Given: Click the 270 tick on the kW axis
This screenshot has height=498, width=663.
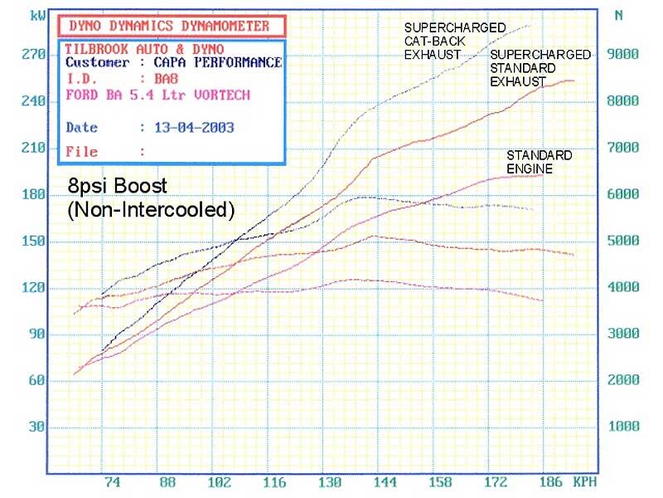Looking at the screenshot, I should [x=34, y=55].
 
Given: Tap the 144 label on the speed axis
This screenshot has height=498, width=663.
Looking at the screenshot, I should [x=382, y=482].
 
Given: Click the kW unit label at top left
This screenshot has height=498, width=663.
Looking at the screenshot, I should [x=36, y=16].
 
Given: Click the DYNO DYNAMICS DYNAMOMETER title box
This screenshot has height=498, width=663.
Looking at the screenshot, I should [x=169, y=27].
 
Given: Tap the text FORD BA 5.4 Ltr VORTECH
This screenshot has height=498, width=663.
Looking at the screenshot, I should [x=157, y=95].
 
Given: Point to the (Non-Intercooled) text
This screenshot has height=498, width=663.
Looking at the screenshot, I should [x=151, y=210].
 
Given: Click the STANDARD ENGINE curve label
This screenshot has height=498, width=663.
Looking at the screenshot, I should [x=540, y=162].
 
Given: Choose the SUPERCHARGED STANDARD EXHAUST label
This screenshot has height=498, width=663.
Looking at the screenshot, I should [x=540, y=68].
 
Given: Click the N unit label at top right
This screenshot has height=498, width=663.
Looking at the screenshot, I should [x=619, y=15].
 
